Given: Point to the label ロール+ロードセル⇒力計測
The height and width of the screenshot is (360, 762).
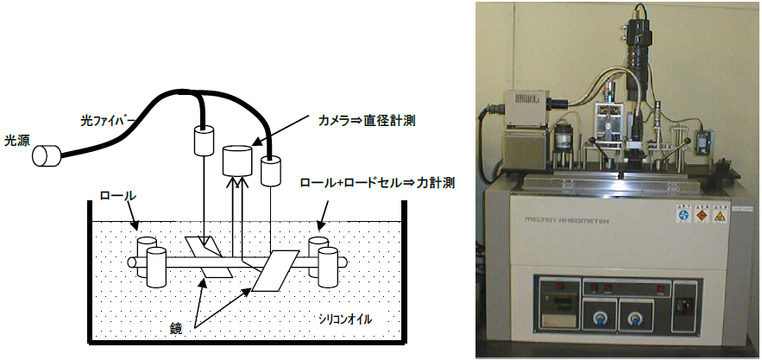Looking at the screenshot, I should (376, 183).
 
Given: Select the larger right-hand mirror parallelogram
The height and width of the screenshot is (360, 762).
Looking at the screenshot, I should (279, 271).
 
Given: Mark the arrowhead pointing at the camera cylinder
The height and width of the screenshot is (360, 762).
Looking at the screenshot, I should (255, 143).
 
